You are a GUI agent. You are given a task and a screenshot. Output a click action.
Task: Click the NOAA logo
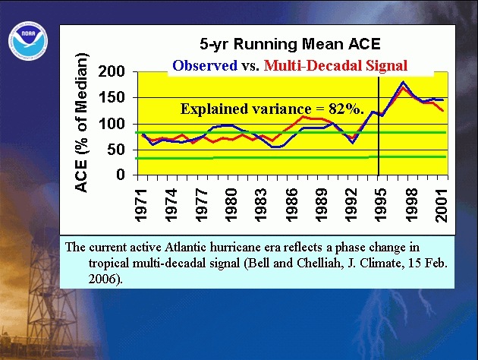pyautogui.click(x=28, y=40)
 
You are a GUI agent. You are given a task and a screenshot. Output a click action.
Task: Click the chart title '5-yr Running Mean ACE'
pyautogui.click(x=290, y=44)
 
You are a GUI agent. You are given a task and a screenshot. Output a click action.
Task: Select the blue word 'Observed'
pyautogui.click(x=205, y=65)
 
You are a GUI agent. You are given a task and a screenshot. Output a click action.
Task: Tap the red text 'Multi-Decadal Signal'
pyautogui.click(x=335, y=65)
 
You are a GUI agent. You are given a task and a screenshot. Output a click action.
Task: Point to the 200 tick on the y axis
pyautogui.click(x=112, y=71)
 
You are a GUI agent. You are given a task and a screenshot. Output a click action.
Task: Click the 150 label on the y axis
pyautogui.click(x=112, y=98)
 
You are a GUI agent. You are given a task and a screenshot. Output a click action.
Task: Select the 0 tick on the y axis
pyautogui.click(x=121, y=175)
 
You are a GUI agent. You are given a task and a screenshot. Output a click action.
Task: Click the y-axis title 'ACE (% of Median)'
pyautogui.click(x=81, y=122)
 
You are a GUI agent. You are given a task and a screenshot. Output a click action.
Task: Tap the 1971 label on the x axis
pyautogui.click(x=141, y=205)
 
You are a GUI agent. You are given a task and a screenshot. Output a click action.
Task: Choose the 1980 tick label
pyautogui.click(x=231, y=205)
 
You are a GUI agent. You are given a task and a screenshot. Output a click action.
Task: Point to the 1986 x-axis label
pyautogui.click(x=291, y=205)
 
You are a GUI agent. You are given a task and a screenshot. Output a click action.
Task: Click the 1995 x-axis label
pyautogui.click(x=381, y=205)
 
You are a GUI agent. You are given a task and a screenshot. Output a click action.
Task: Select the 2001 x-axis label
pyautogui.click(x=441, y=205)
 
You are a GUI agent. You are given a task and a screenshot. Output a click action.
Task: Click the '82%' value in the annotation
pyautogui.click(x=346, y=109)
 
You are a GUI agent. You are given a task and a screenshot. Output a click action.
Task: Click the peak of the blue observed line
pyautogui.click(x=403, y=82)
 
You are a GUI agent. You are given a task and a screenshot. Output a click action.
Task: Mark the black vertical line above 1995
pyautogui.click(x=379, y=126)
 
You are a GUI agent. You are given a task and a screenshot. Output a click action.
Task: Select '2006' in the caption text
pyautogui.click(x=102, y=279)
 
